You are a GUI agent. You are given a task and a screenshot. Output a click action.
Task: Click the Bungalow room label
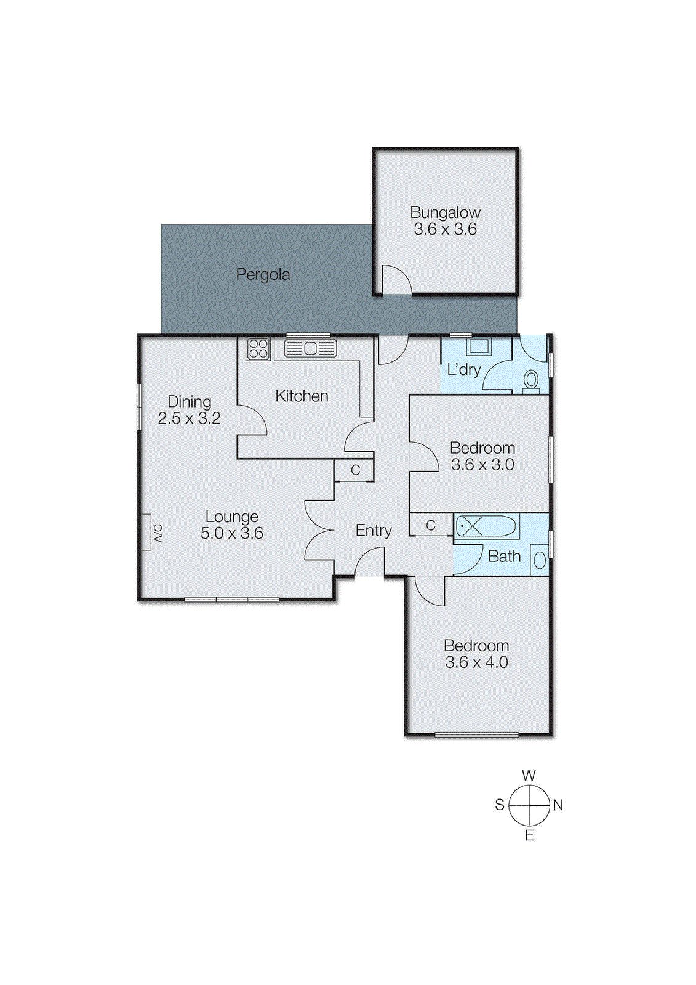pos(445,213)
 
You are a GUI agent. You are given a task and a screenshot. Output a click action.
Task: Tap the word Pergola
pos(263,275)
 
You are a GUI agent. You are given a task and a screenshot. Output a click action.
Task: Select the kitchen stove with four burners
pos(258,349)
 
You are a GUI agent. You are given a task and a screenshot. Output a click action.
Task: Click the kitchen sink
pos(310,349)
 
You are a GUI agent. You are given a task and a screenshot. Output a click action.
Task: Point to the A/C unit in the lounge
pos(146,532)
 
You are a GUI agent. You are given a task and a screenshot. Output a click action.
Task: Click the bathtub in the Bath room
pos(486,527)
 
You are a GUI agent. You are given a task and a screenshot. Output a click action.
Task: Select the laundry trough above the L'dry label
pos(479,347)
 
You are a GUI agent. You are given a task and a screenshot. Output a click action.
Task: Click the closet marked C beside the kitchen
pos(354,470)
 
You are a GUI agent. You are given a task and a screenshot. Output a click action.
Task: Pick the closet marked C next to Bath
pos(431,525)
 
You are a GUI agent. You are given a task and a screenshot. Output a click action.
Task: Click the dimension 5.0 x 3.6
pos(232,533)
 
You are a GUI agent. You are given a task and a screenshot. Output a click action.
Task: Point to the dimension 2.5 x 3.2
pos(189,419)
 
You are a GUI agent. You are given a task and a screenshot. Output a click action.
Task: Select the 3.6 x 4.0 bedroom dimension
pos(476,662)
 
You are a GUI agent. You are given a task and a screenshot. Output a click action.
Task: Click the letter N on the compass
pos(558,805)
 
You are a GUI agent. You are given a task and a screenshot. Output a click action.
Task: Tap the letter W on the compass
pos(529,776)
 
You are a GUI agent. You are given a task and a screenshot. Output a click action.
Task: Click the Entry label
pos(374,530)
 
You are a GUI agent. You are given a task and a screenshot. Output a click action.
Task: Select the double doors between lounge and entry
pos(319,531)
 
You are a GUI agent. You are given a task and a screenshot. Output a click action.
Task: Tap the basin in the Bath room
pos(540,560)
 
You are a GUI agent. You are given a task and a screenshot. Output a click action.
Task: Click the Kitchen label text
pos(302,396)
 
